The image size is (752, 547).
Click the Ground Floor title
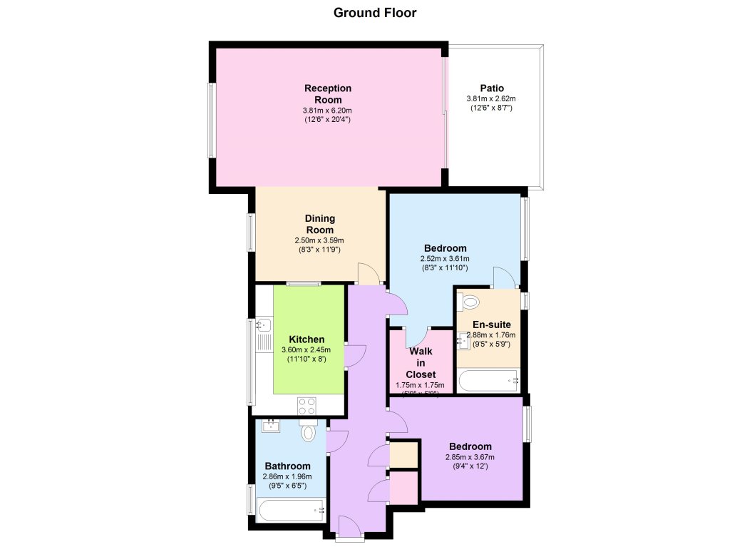click(x=375, y=13)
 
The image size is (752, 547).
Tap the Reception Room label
click(x=328, y=93)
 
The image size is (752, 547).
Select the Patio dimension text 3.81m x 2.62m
click(x=491, y=98)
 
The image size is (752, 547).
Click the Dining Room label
click(x=320, y=224)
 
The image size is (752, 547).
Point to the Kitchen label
click(x=307, y=339)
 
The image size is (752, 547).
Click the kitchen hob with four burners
click(x=307, y=406)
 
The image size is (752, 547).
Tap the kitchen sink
click(x=262, y=327)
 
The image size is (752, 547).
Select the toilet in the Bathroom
click(x=308, y=431)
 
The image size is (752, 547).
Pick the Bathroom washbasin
click(x=270, y=426)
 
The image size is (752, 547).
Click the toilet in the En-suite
click(x=470, y=302)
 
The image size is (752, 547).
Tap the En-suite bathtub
click(x=489, y=381)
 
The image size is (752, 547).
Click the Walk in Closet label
click(x=420, y=362)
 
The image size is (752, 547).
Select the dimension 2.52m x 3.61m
click(x=445, y=259)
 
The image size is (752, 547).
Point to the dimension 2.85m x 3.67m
click(x=469, y=457)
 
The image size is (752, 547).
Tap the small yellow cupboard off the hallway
click(x=403, y=454)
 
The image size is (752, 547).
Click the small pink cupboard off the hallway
click(x=403, y=488)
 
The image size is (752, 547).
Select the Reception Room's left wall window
click(x=212, y=120)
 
